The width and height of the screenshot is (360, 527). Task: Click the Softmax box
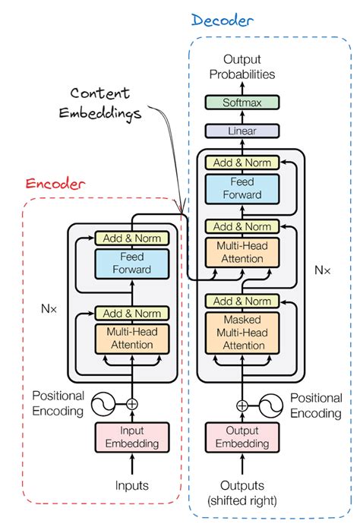[242, 103]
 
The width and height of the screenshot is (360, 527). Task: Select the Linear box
[242, 131]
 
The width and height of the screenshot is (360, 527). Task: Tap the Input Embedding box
[132, 437]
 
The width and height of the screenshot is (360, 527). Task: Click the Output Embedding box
[242, 437]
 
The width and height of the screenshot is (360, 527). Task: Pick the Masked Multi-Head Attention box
[242, 332]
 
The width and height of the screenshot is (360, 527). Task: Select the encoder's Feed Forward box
[132, 263]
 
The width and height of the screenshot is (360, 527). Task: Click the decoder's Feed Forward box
[242, 188]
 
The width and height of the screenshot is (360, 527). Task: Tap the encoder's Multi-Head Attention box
[132, 338]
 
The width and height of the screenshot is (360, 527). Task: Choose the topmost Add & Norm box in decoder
[242, 163]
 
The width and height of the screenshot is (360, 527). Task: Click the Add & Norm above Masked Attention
[242, 301]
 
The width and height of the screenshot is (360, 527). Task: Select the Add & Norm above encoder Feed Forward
[132, 238]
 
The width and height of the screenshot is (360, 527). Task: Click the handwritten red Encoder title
[55, 184]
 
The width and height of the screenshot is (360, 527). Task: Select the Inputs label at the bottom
[132, 484]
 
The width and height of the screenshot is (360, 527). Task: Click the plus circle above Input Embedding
[132, 404]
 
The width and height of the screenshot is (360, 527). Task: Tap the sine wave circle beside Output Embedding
[271, 404]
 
